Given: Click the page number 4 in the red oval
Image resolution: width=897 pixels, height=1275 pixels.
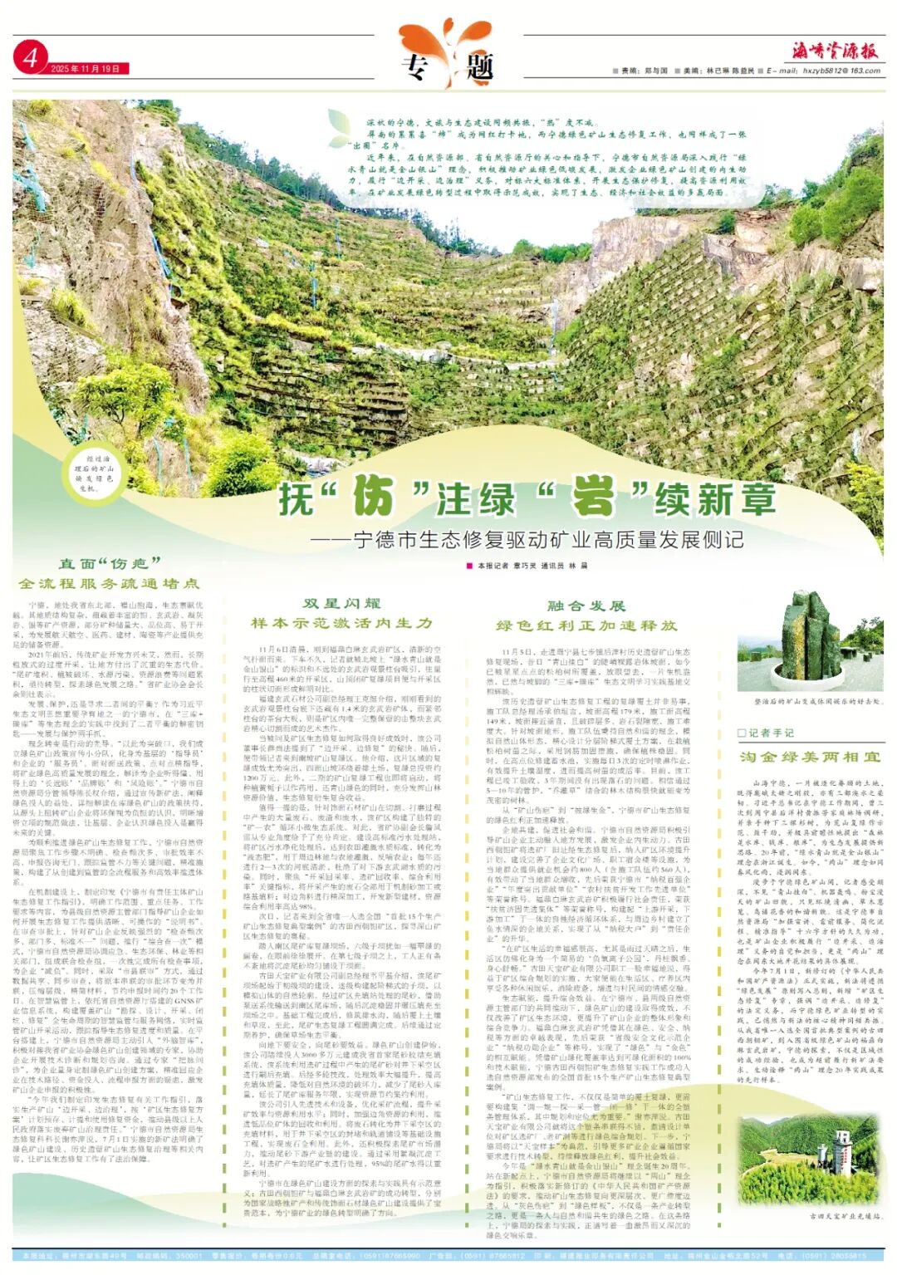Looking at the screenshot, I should (31, 58).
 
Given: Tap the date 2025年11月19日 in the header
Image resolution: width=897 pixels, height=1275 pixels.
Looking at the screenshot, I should (85, 69).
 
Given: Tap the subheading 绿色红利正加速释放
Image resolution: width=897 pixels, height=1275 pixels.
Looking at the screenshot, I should (586, 625).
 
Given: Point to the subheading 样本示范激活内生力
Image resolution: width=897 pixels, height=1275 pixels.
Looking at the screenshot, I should (341, 623).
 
